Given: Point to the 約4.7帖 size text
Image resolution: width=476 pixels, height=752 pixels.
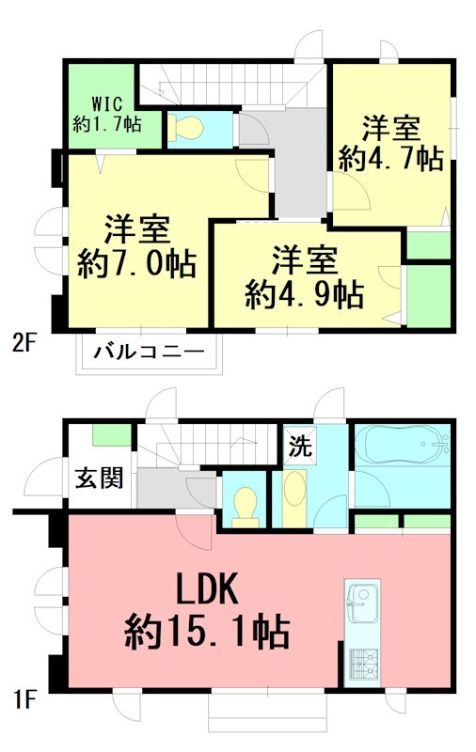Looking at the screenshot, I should pyautogui.click(x=391, y=158).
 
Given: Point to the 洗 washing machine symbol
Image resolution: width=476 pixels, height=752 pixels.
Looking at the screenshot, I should pyautogui.click(x=300, y=445).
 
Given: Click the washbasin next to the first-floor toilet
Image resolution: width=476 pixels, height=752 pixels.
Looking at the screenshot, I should pyautogui.click(x=294, y=494).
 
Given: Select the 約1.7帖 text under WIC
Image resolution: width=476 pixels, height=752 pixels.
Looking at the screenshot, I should pyautogui.click(x=108, y=122).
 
